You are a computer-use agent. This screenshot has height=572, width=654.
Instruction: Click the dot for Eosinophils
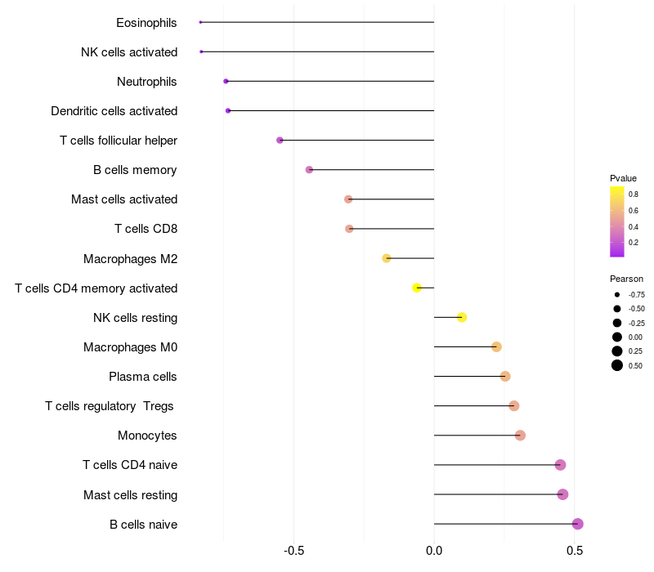200,22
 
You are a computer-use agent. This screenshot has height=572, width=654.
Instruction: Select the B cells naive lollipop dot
578,524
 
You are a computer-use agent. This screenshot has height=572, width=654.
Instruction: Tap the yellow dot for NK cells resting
462,317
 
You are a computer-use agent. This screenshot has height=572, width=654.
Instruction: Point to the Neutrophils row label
147,82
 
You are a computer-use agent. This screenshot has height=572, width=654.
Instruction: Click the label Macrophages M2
131,259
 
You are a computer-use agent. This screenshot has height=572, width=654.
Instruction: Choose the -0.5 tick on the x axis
294,551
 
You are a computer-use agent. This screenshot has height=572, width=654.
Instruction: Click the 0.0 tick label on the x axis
434,551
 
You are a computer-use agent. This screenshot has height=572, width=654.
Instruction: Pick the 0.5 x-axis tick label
575,551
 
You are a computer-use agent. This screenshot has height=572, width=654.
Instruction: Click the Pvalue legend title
623,178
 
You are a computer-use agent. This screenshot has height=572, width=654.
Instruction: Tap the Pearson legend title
626,279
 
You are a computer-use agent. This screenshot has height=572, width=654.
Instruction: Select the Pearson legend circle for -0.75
617,294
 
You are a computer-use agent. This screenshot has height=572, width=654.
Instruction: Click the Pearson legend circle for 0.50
617,365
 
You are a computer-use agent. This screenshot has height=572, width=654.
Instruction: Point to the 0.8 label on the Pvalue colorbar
634,194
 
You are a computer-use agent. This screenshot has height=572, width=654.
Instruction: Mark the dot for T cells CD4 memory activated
417,288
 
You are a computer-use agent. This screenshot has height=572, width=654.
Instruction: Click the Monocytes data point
520,436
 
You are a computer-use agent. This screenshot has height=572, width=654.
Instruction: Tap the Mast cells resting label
131,495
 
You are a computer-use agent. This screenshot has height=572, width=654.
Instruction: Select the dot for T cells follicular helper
280,141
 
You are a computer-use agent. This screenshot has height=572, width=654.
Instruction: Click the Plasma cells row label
143,377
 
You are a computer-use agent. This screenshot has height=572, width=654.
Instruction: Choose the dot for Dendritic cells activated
228,110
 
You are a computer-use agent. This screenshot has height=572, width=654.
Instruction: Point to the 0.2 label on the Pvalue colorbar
634,242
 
